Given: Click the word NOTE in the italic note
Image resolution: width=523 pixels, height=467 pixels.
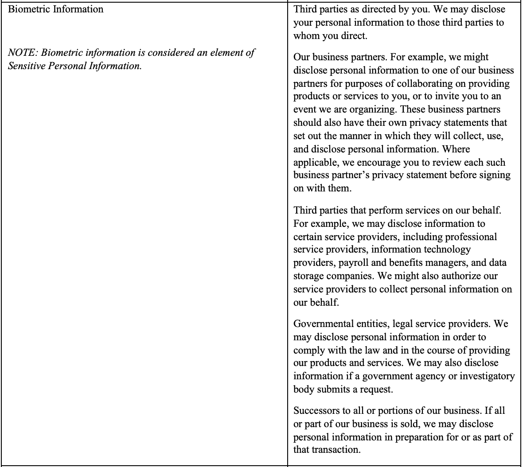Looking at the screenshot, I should tap(22, 53).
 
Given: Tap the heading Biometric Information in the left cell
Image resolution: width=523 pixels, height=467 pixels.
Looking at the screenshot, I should tap(56, 9).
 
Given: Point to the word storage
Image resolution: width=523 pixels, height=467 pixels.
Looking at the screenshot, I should tap(308, 276).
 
